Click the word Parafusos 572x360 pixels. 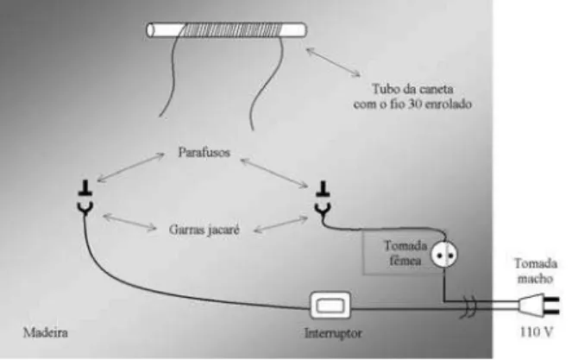point(204,152)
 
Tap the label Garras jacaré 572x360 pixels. point(204,230)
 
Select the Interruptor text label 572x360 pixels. point(333,333)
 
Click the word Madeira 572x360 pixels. point(45,332)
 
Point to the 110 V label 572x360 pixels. point(536,332)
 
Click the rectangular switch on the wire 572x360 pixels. point(330,306)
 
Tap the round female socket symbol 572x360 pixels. point(444,254)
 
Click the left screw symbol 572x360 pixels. point(85,187)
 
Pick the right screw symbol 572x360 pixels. point(323,188)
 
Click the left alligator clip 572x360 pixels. point(85,207)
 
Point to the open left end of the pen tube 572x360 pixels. point(150,30)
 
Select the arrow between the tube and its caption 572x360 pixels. point(333,62)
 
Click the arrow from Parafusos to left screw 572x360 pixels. point(130,167)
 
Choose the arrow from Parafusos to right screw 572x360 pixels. point(274,173)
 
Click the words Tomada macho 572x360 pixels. point(536,270)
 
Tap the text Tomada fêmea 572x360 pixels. point(405,253)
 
